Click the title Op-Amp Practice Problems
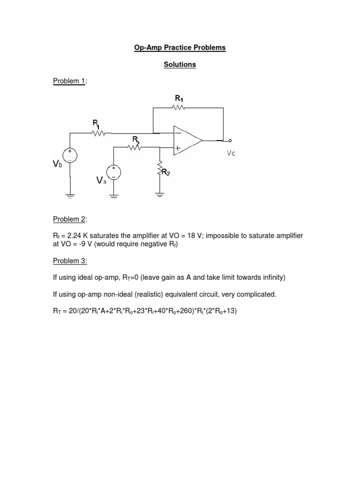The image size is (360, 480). coord(180,48)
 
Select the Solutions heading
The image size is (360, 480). coord(180,65)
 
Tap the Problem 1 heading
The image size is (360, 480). coord(69,82)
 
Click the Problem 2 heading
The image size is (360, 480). coord(69,219)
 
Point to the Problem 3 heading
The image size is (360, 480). coord(70,261)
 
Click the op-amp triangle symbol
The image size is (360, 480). coord(187,140)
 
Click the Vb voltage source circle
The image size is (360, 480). coord(70,156)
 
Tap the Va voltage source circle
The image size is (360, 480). coord(113,172)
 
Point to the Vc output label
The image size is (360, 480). coord(231,153)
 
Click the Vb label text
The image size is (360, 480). coord(58,164)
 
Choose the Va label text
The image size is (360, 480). coord(101,180)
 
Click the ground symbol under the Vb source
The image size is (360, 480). coord(70,196)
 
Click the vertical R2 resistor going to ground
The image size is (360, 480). coord(160,168)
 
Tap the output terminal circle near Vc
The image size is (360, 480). coord(230,140)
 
